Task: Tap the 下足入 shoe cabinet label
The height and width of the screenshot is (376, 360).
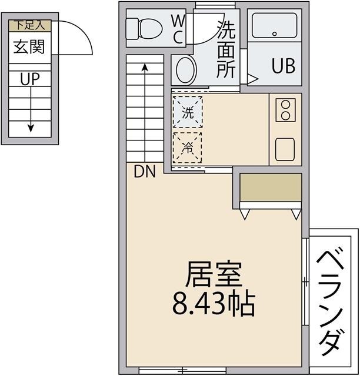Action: tap(29, 25)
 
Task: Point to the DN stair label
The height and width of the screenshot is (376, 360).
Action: tap(145, 172)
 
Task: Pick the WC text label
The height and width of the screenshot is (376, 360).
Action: tap(178, 28)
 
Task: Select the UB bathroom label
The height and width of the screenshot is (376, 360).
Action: tap(283, 66)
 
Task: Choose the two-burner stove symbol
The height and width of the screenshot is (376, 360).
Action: tap(285, 110)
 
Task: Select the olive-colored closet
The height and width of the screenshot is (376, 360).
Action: tap(271, 188)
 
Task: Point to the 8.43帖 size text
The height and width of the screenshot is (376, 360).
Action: tap(213, 304)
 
